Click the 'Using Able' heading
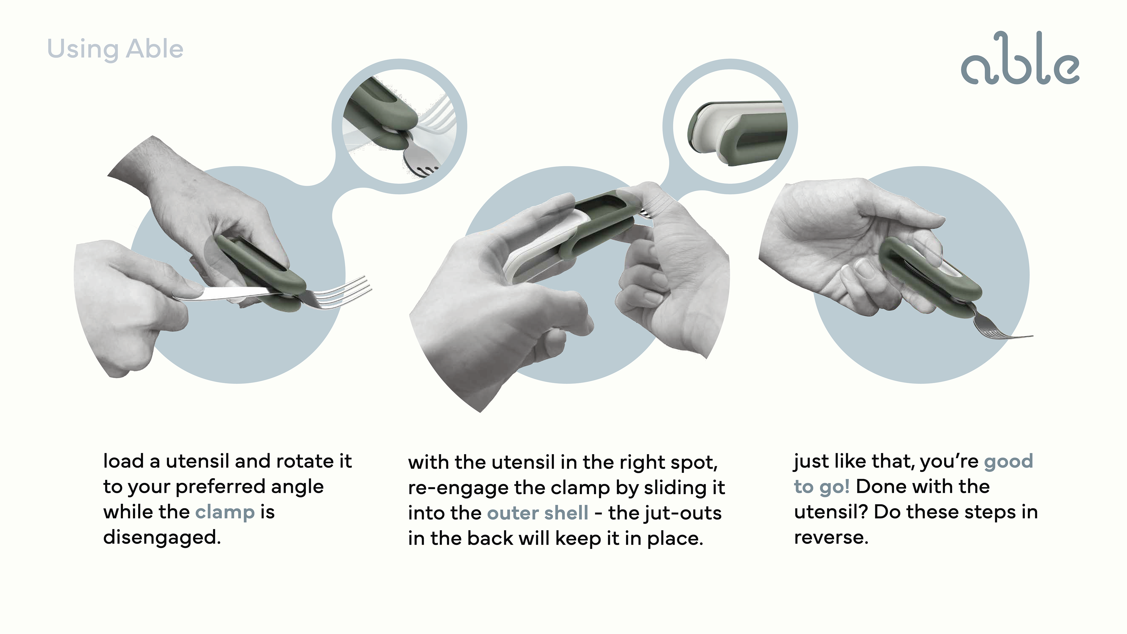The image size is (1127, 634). point(115,49)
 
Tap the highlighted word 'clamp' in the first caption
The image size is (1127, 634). point(225,512)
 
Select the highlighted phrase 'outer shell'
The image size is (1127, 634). point(538,513)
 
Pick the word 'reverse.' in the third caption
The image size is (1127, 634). point(831,537)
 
